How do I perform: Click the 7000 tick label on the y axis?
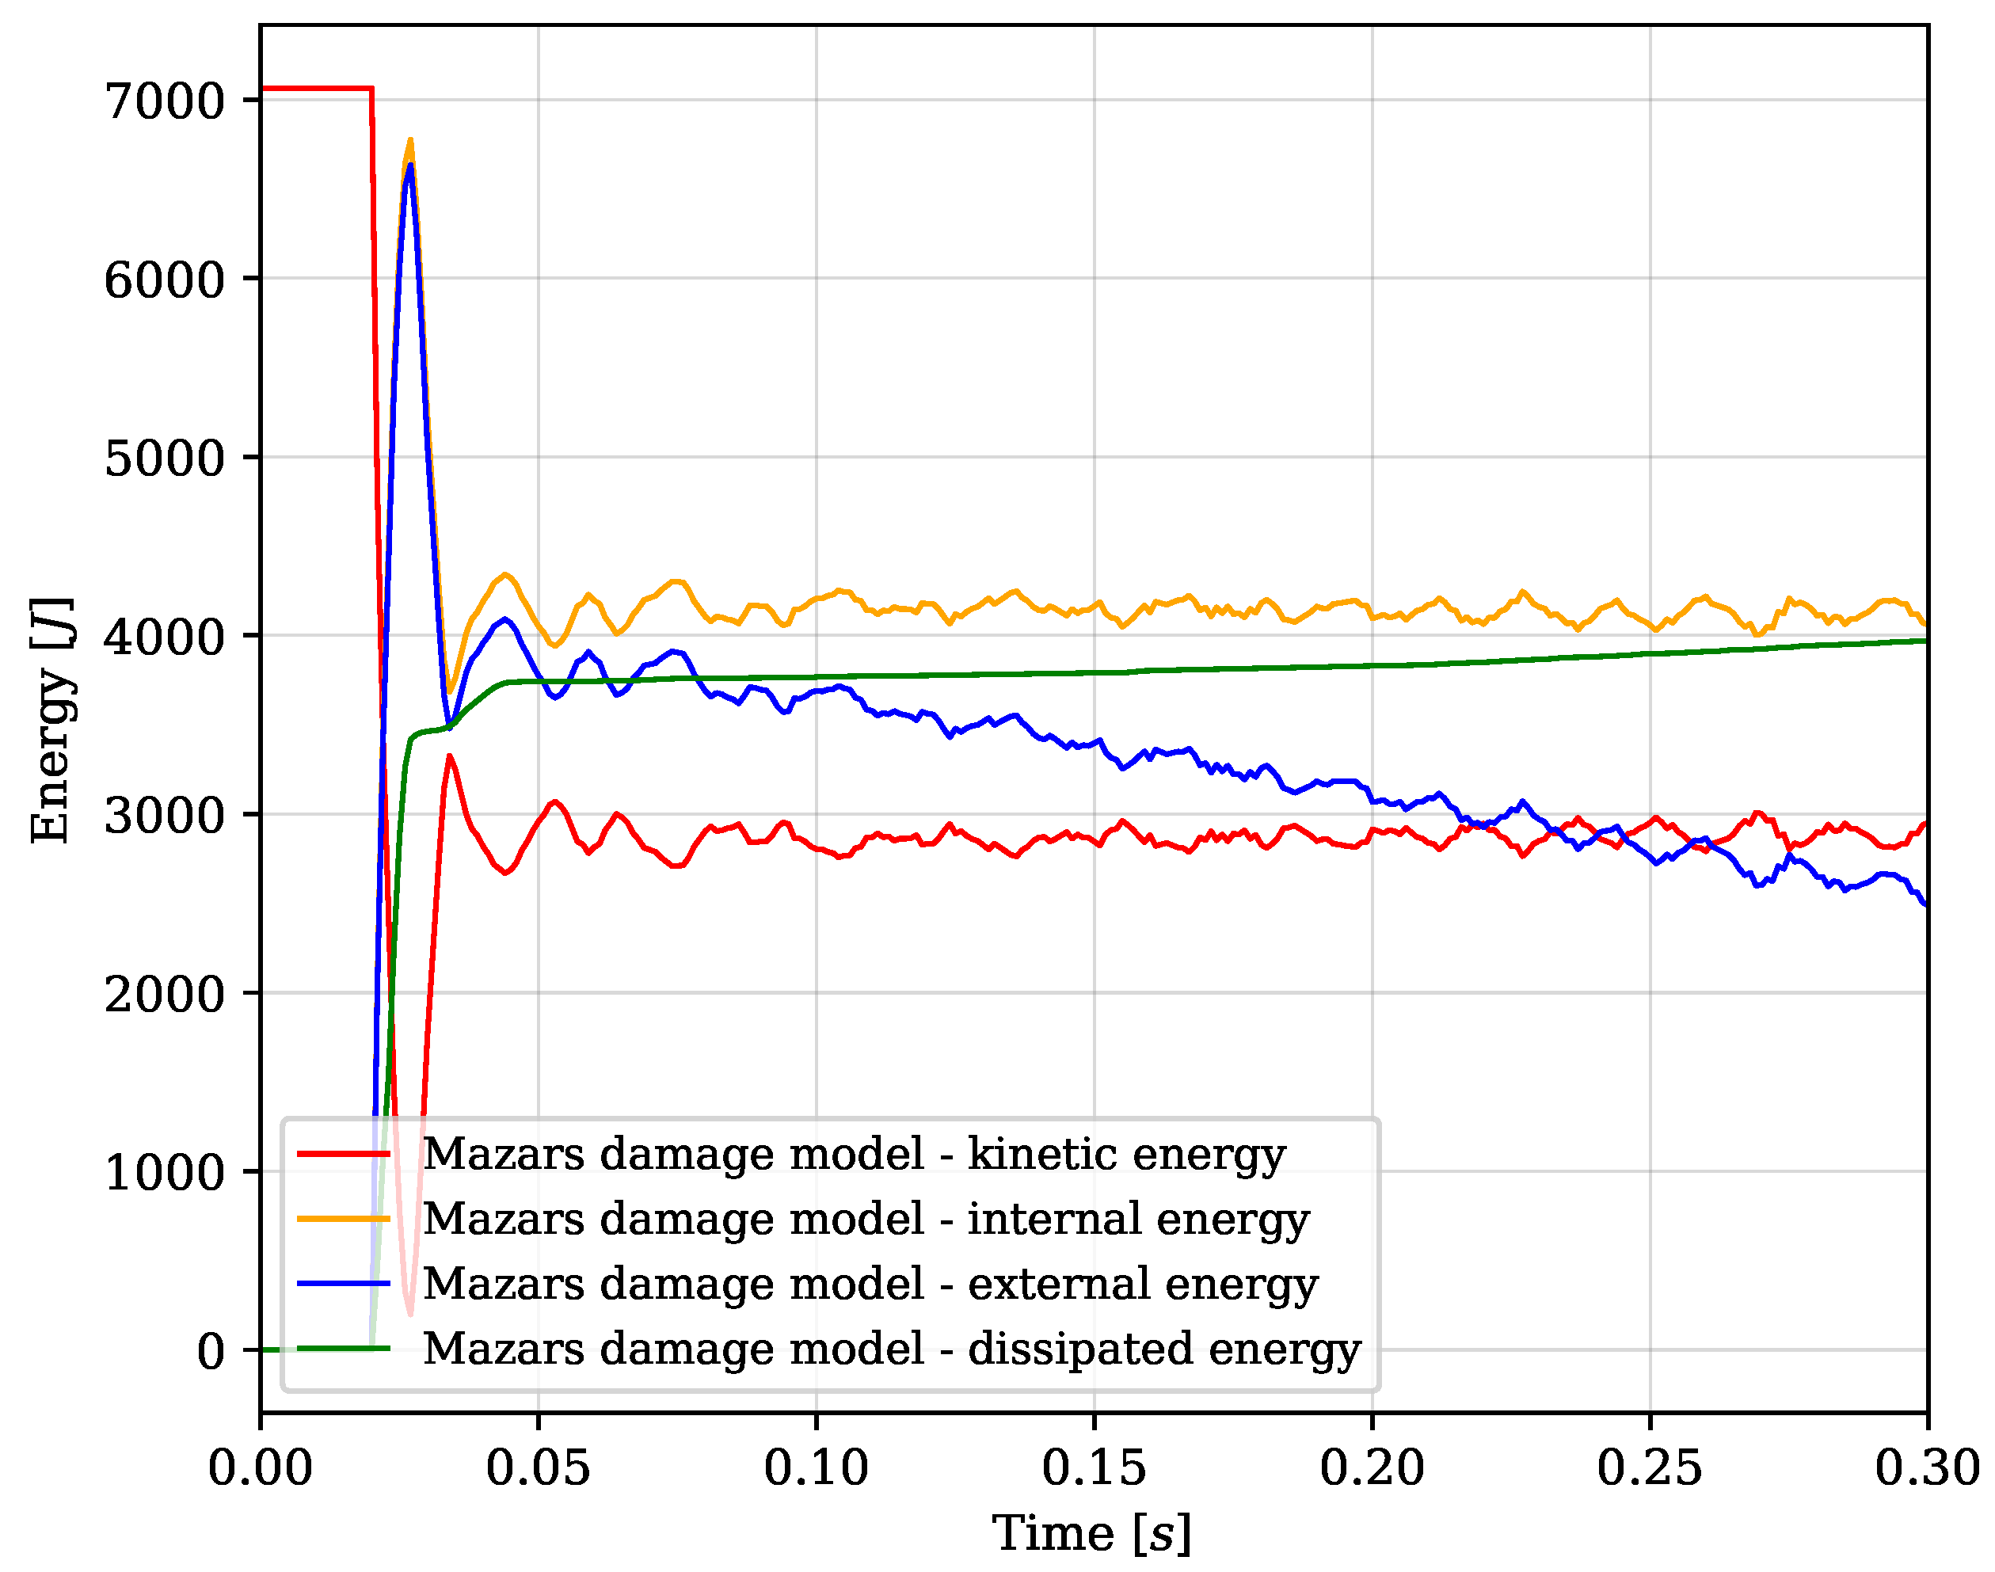click(165, 101)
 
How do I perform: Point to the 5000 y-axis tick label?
click(165, 459)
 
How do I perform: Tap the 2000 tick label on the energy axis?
click(165, 994)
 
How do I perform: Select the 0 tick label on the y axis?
click(211, 1351)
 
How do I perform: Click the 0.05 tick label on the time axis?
click(539, 1467)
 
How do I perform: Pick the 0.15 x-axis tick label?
click(1094, 1467)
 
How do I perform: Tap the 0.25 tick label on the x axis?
click(1650, 1467)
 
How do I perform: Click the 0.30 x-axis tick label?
click(1928, 1467)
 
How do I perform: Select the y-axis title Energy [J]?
click(51, 720)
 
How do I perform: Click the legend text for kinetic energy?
click(854, 1155)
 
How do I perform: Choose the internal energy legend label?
click(866, 1220)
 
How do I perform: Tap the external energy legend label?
click(870, 1285)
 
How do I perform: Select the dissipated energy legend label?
click(892, 1349)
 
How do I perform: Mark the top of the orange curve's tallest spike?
click(410, 140)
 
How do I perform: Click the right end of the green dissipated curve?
click(1927, 641)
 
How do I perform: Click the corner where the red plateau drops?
click(371, 89)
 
